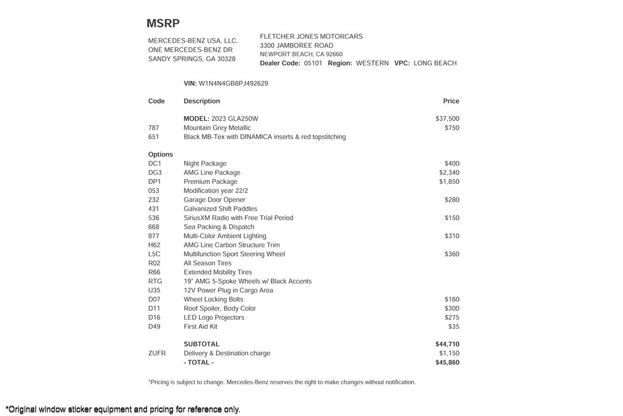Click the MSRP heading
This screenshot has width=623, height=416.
pos(163,24)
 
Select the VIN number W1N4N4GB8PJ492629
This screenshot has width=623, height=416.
pos(233,83)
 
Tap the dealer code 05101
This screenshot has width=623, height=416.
pos(313,63)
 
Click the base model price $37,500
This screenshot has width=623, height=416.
pos(447,119)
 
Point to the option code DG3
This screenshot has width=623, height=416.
pos(155,173)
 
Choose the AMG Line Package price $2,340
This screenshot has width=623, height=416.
pos(449,173)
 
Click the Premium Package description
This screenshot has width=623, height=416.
pos(211,182)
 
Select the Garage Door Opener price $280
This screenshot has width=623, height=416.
pos(451,200)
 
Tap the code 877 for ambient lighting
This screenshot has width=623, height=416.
pos(153,236)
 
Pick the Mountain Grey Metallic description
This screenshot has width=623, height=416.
pos(217,128)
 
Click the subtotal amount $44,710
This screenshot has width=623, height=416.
pos(447,344)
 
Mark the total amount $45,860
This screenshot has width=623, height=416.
pos(447,362)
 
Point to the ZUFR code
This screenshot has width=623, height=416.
pos(157,353)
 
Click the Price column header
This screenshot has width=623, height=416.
pos(451,101)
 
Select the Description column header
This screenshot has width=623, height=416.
pos(201,101)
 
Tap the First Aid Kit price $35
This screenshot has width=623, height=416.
pos(454,326)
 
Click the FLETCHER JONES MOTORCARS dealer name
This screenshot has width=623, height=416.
pos(311,37)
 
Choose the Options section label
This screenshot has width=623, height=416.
pos(161,155)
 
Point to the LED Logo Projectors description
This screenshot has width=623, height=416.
pos(214,317)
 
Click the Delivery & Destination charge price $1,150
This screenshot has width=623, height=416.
pos(449,353)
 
